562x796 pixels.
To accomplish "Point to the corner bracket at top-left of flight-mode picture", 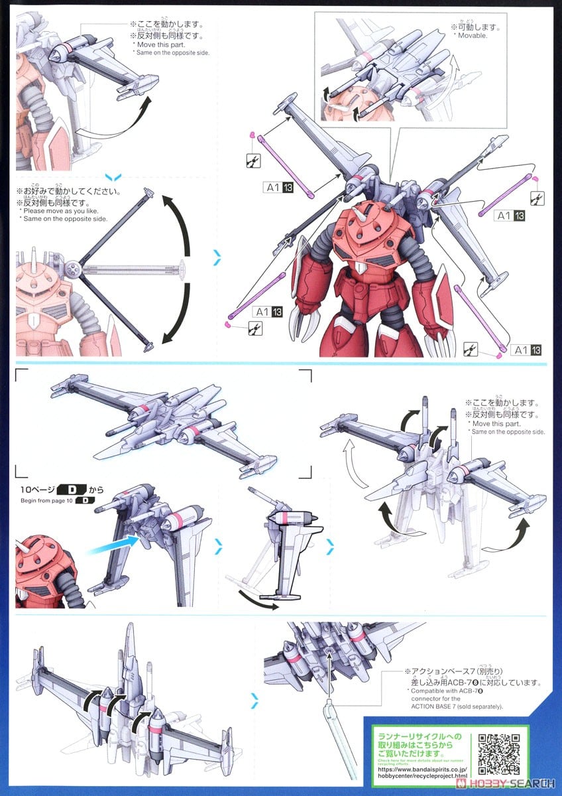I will click(x=21, y=375).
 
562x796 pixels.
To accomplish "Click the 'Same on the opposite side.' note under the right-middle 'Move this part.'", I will click(x=507, y=432).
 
